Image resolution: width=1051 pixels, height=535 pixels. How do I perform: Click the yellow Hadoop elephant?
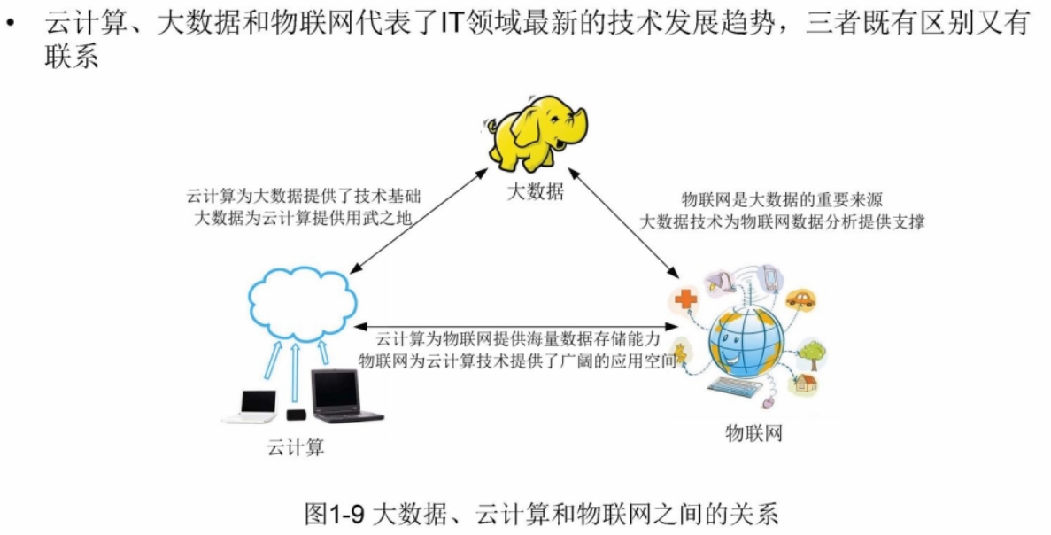(x=537, y=134)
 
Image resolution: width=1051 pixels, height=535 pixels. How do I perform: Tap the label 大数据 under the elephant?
(x=535, y=191)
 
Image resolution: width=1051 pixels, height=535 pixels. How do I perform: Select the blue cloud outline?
(x=302, y=305)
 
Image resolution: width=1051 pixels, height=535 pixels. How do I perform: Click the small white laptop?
(x=251, y=407)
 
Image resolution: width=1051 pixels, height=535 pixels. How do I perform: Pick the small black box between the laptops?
(x=296, y=415)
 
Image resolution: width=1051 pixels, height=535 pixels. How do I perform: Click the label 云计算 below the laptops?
(x=295, y=447)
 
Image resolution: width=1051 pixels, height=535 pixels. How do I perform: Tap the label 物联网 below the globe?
(x=753, y=433)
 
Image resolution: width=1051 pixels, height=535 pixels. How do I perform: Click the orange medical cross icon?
(x=685, y=299)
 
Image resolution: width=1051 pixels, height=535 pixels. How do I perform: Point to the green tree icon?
(x=813, y=354)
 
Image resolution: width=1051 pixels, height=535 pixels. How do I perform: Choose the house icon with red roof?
(x=805, y=384)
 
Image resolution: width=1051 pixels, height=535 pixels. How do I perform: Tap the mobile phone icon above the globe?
(x=769, y=277)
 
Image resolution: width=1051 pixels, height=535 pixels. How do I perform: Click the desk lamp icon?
(x=717, y=281)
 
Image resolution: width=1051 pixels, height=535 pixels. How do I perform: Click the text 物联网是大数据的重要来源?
(x=782, y=199)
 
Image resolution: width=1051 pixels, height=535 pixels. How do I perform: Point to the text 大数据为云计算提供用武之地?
(x=302, y=218)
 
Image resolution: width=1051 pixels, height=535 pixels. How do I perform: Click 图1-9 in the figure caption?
(x=335, y=515)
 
